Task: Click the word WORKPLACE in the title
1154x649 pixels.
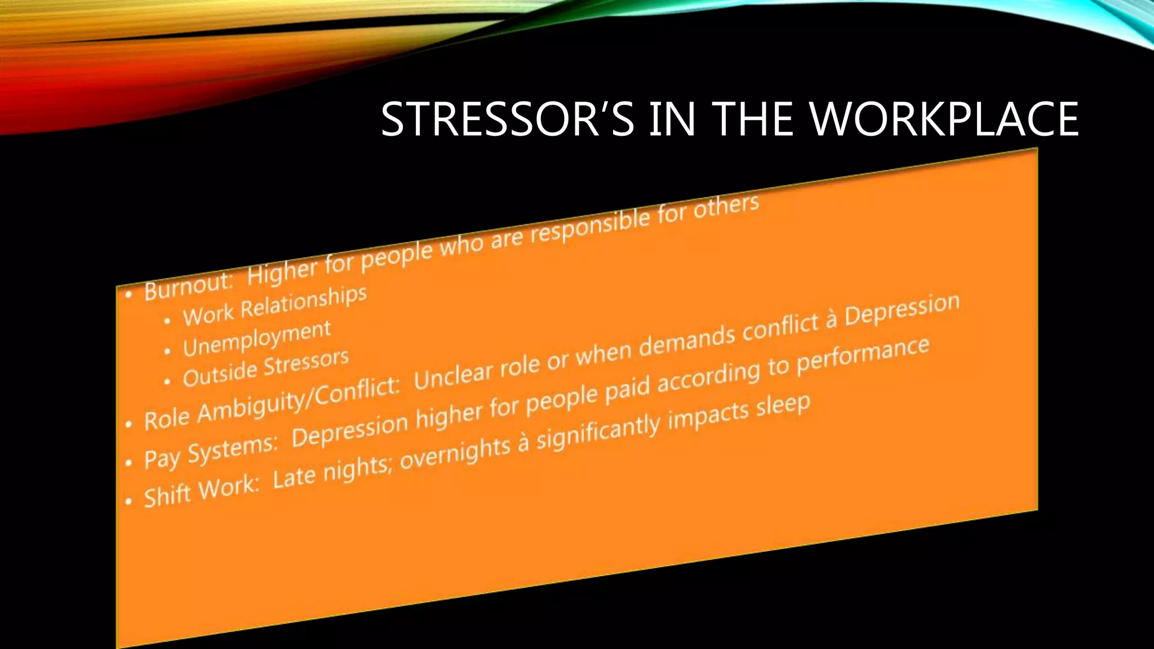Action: pos(944,119)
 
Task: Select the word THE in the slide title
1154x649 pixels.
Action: pos(755,119)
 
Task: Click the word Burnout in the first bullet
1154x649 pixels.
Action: pos(188,287)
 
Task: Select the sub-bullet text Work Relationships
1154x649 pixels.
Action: pos(274,306)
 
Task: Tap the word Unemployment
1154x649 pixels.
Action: pos(256,339)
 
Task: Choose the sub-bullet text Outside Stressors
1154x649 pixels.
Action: pos(265,368)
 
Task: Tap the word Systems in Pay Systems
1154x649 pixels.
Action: pos(232,450)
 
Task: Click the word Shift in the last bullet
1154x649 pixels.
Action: pos(167,496)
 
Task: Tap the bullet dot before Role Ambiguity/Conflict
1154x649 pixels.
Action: pos(128,424)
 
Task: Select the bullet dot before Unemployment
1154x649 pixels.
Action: pos(167,352)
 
